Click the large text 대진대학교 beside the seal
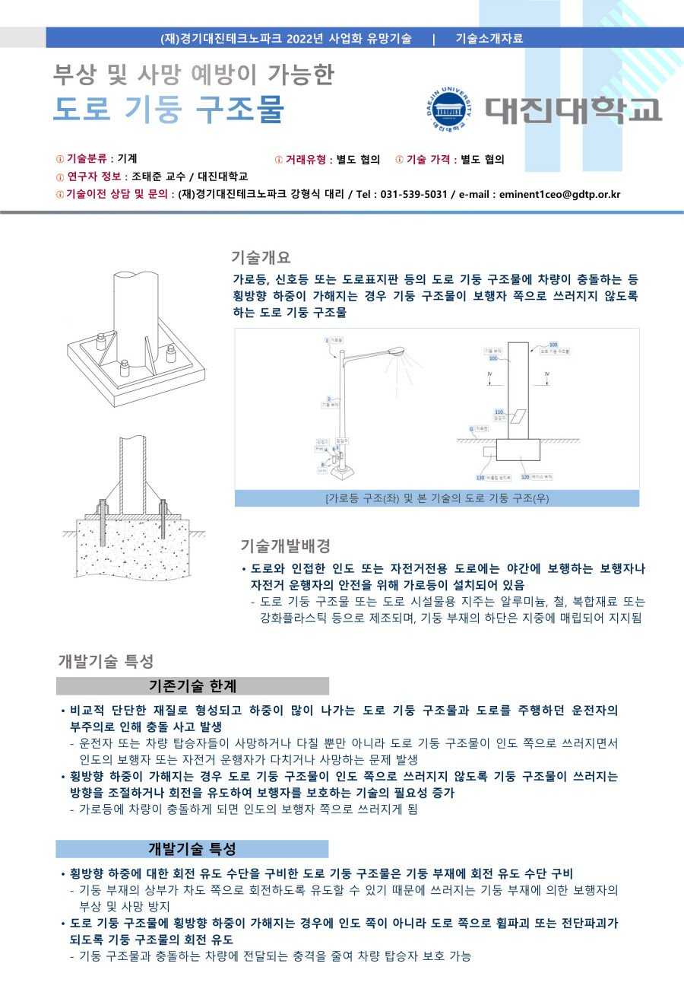574,110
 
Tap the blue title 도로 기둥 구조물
168,110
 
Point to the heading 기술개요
261,257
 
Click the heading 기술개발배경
285,545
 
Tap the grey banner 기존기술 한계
192,686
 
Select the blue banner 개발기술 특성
192,849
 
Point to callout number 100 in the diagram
553,345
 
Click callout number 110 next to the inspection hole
499,412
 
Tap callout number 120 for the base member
524,477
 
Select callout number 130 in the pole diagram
480,477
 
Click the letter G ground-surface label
471,429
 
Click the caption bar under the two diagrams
436,498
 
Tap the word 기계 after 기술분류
127,159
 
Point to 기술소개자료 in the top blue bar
489,38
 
